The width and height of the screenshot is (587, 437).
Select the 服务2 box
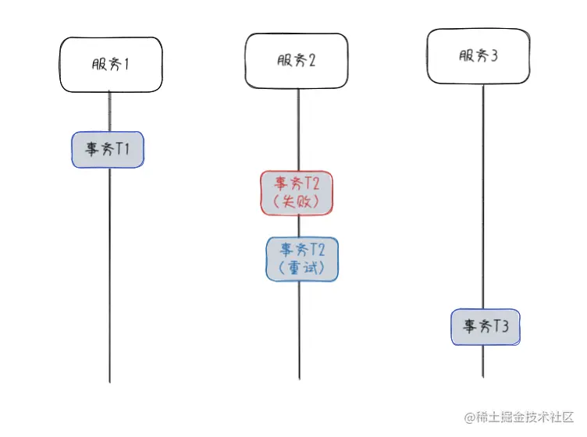297,61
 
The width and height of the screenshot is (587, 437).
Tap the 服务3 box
478,56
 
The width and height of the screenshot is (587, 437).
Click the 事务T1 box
108,149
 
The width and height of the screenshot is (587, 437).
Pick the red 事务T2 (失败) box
297,193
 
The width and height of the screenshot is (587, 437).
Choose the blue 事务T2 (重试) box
302,259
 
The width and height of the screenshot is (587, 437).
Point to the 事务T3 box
486,327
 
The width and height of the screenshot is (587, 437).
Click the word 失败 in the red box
297,202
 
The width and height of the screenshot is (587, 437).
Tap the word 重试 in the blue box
302,269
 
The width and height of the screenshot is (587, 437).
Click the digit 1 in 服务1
125,64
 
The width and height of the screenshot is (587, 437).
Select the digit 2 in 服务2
312,62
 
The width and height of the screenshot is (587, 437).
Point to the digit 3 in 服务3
494,56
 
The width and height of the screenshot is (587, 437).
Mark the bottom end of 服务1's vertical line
110,382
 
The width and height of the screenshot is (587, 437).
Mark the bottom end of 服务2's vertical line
299,379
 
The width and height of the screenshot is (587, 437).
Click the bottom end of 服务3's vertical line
483,377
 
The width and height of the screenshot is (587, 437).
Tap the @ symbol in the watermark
471,418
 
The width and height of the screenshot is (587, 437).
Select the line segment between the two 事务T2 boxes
299,226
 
